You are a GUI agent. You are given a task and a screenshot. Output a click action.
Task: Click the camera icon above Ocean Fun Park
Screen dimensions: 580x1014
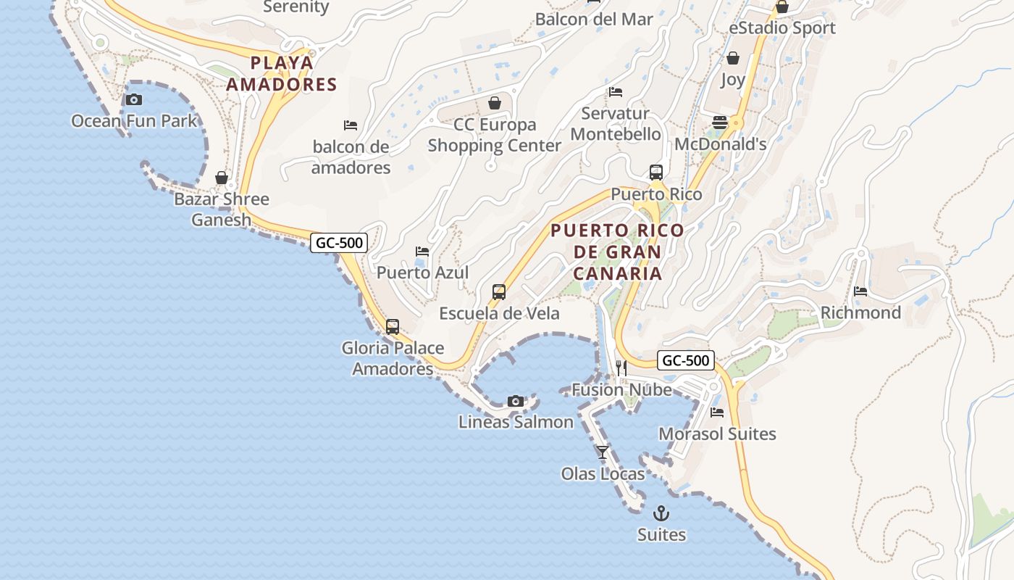point(134,100)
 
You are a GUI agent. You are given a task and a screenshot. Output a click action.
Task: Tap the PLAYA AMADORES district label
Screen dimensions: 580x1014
point(282,73)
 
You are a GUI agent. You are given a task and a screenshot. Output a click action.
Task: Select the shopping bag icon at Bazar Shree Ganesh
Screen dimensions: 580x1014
point(222,178)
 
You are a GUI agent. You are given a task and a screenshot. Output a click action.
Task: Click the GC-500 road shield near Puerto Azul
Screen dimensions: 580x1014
point(339,243)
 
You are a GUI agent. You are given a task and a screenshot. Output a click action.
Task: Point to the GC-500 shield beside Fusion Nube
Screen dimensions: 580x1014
point(686,360)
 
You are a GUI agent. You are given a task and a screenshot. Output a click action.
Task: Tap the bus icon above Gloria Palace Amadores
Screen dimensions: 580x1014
point(393,327)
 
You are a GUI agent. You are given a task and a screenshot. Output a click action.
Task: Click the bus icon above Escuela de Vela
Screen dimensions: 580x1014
point(499,292)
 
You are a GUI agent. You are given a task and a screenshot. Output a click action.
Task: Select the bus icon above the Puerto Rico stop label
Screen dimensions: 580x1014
point(656,173)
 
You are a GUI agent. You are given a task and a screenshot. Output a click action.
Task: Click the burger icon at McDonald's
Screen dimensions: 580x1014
point(720,123)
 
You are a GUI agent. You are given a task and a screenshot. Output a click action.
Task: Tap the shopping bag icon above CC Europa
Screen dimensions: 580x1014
point(495,103)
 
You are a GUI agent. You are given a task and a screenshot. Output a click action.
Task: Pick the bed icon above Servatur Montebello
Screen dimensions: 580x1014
point(616,92)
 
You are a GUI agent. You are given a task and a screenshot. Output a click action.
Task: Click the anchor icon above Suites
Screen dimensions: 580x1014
point(661,514)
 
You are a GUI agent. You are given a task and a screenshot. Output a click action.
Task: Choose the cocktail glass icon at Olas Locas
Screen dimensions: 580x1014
point(603,452)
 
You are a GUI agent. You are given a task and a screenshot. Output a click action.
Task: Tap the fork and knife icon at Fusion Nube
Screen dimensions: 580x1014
point(621,368)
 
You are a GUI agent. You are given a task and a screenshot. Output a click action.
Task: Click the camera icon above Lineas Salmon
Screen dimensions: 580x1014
point(516,401)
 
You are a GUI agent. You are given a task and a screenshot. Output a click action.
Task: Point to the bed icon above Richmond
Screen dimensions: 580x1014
point(860,291)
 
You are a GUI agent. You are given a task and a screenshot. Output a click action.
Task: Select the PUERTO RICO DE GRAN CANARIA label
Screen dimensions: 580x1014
point(617,252)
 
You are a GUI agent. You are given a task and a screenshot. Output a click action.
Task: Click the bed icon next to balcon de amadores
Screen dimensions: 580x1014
point(351,125)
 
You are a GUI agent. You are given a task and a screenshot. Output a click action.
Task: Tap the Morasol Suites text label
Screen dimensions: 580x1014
point(717,434)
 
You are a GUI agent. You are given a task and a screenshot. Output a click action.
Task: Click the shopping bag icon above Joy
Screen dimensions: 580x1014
point(733,58)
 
